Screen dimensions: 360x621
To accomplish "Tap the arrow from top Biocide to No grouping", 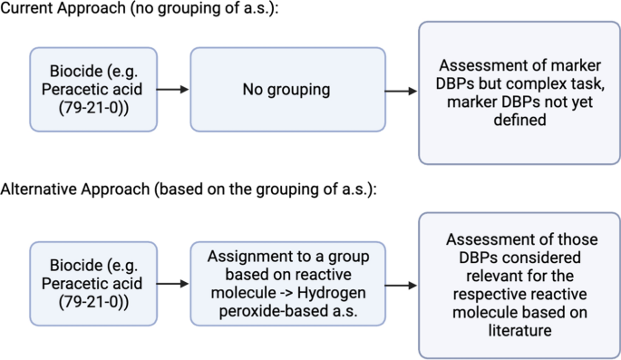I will (172, 90).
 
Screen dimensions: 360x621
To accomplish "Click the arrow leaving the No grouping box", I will (400, 90).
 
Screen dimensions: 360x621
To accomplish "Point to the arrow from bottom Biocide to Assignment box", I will (172, 284).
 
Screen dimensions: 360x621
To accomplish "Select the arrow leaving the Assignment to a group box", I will (400, 284).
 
